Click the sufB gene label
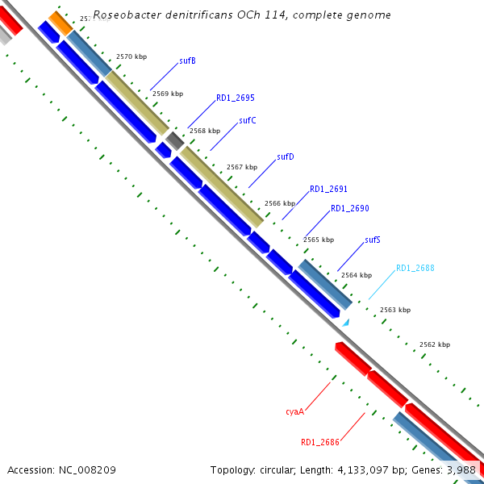pos(187,60)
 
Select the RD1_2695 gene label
pos(235,98)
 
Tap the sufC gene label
pos(248,121)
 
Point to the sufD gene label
pos(285,156)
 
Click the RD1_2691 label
pos(328,189)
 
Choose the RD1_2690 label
pos(349,208)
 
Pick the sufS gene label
pos(372,240)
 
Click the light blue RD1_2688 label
pos(415,268)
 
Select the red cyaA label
pos(294,411)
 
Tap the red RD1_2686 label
pos(319,442)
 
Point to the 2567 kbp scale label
pos(241,167)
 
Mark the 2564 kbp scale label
pos(357,275)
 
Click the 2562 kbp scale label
pos(435,344)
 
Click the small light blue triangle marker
pos(345,323)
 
